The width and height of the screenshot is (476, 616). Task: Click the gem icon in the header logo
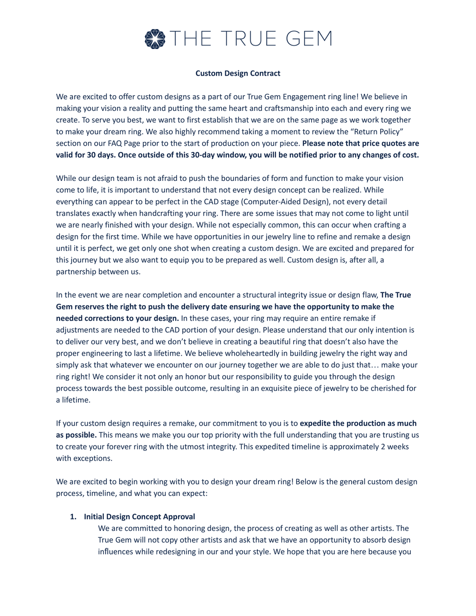tap(155, 39)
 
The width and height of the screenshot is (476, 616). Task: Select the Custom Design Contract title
tap(238, 73)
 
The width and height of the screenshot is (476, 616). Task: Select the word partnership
tap(76, 272)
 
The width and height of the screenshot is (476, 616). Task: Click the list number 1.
tap(73, 517)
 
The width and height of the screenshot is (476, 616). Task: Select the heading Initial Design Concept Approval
tap(139, 517)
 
